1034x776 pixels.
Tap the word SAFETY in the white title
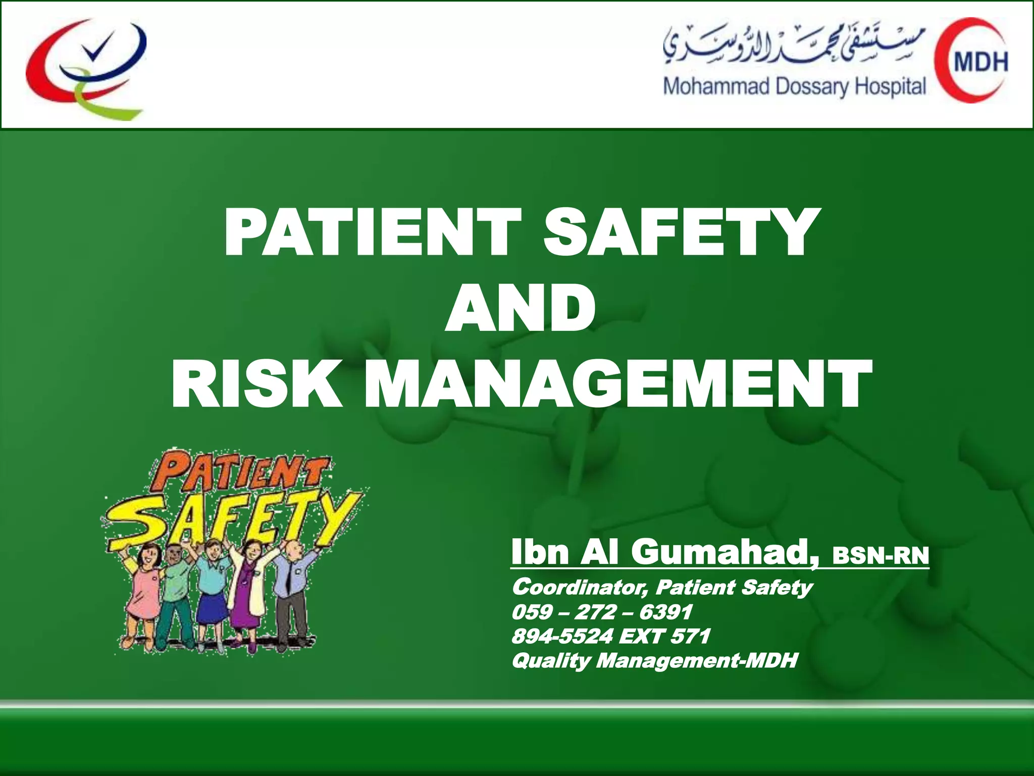tap(679, 233)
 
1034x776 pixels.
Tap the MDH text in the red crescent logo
tap(980, 62)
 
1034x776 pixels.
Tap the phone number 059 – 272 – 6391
tap(602, 612)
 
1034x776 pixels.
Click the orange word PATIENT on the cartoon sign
tap(237, 472)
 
